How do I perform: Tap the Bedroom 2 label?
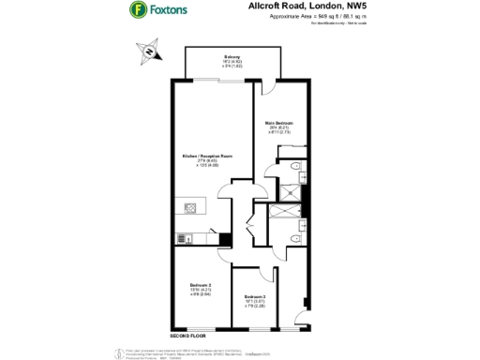(201, 284)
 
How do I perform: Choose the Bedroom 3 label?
(257, 296)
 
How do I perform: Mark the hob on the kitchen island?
(191, 207)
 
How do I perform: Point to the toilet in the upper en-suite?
(295, 166)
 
